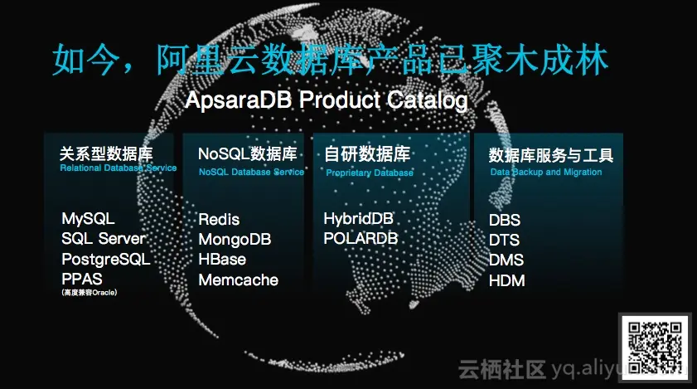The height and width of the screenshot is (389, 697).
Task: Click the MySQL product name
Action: tap(88, 219)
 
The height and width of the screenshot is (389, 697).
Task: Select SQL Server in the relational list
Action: tap(104, 239)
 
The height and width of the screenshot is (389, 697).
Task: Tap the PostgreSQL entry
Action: tap(105, 259)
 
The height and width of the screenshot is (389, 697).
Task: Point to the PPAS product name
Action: tap(83, 278)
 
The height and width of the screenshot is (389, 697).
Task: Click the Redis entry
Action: tap(219, 220)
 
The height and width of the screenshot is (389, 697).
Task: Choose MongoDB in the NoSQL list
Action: tap(235, 240)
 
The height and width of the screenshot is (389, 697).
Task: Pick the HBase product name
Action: tap(222, 260)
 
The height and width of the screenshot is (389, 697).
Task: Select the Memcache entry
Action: tap(238, 280)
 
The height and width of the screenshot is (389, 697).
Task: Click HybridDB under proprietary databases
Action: tap(358, 219)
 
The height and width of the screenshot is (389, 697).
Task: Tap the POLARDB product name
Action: tap(361, 239)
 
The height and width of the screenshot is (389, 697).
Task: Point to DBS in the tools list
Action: tap(505, 221)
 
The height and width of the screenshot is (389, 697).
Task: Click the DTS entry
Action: tap(505, 241)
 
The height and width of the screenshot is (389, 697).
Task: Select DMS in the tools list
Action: tap(506, 260)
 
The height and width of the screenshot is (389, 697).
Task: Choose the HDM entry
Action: tap(506, 280)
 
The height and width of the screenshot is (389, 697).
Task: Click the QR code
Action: tap(655, 348)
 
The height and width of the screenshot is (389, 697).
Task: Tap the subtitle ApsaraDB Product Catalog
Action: tap(327, 101)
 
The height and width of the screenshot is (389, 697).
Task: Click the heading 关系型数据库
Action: tap(106, 153)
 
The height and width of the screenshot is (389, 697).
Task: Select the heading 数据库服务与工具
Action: tap(550, 155)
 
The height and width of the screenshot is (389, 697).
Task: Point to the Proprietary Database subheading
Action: tap(369, 173)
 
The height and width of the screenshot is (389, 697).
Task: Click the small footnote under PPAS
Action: tap(89, 292)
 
